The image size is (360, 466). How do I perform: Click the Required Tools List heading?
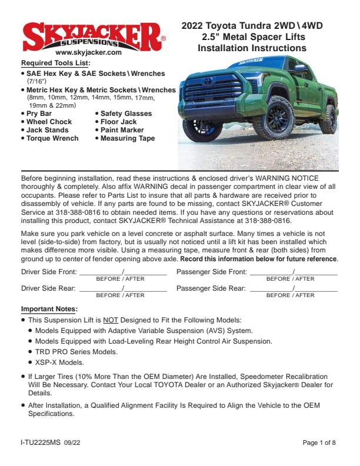(x=55, y=62)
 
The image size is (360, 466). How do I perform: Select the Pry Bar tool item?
(x=39, y=114)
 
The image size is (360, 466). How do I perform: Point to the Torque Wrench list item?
(x=52, y=138)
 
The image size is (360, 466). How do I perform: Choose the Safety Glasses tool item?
(x=126, y=114)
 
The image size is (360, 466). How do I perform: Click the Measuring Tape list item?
(x=128, y=138)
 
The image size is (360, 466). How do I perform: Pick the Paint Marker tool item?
(x=122, y=130)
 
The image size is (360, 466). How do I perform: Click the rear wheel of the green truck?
(x=329, y=118)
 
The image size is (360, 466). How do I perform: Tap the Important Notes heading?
(x=49, y=309)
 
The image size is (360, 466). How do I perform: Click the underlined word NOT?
(x=110, y=320)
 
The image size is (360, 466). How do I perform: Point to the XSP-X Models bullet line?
(x=59, y=362)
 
